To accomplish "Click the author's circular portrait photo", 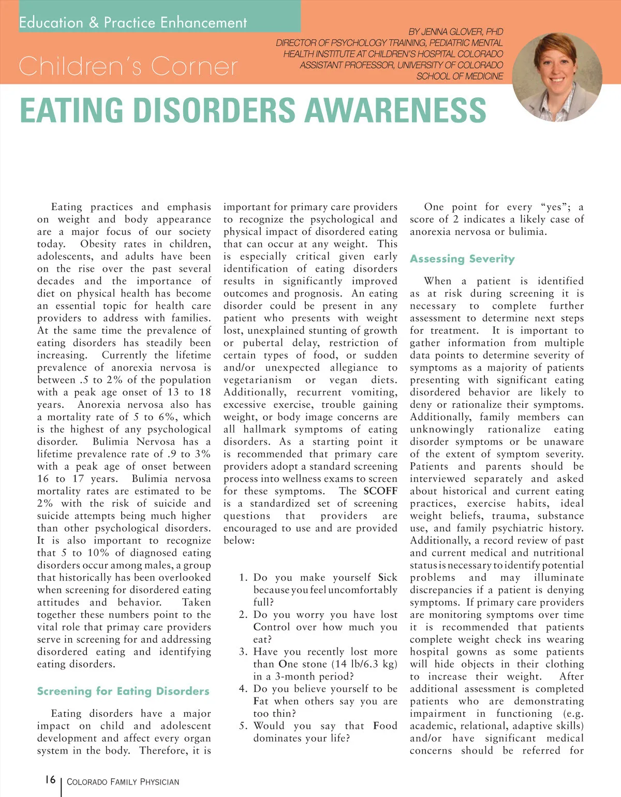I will click(557, 77).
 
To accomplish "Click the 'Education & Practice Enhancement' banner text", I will click(133, 23).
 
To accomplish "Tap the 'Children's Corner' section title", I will click(128, 66).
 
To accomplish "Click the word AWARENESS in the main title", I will click(395, 110).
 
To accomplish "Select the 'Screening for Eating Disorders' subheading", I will click(123, 691).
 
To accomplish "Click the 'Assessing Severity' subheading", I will click(462, 259).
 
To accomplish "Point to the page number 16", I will click(50, 779).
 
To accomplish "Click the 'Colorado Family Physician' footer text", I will click(123, 781).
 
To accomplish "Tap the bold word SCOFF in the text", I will click(380, 491).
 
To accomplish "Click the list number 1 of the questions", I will click(243, 578).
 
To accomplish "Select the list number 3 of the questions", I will click(243, 652).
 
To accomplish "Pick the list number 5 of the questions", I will click(243, 726).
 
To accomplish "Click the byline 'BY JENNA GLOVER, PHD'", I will click(455, 32).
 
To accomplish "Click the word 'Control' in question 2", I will click(272, 627).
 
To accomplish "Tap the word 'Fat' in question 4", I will click(261, 701).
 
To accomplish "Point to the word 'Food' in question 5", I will click(385, 726).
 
